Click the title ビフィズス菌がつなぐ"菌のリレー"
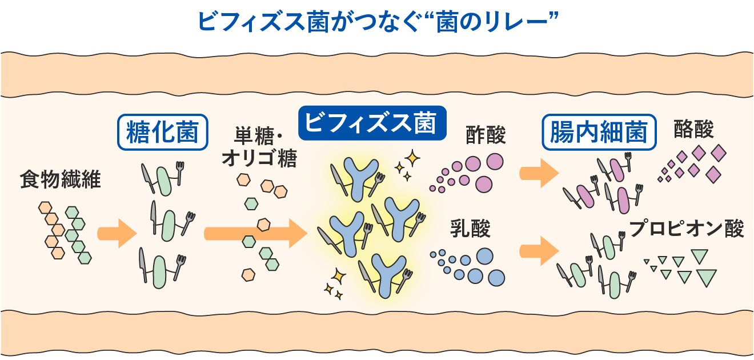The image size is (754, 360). pyautogui.click(x=378, y=22)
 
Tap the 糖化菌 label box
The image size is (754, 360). pyautogui.click(x=163, y=132)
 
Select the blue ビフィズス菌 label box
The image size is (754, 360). pyautogui.click(x=372, y=123)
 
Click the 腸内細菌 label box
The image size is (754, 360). pyautogui.click(x=599, y=132)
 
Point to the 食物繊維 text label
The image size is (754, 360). pyautogui.click(x=60, y=179)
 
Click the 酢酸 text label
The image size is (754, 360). pyautogui.click(x=486, y=135)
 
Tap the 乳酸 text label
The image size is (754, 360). pyautogui.click(x=470, y=229)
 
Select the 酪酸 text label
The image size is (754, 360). pyautogui.click(x=693, y=129)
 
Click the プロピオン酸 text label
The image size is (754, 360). pyautogui.click(x=687, y=229)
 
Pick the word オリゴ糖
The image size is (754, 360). pyautogui.click(x=259, y=158)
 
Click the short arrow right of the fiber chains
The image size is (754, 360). pyautogui.click(x=117, y=234)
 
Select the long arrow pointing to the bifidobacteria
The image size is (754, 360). pyautogui.click(x=255, y=233)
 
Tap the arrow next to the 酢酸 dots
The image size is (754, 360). pyautogui.click(x=539, y=174)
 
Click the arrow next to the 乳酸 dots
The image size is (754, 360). pyautogui.click(x=539, y=251)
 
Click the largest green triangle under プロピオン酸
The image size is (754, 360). pyautogui.click(x=706, y=277)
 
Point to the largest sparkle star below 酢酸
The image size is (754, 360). pyautogui.click(x=412, y=158)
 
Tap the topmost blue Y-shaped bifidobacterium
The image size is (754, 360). pyautogui.click(x=361, y=178)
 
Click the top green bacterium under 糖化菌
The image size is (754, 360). pyautogui.click(x=164, y=181)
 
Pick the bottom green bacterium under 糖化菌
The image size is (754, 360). pyautogui.click(x=159, y=272)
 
